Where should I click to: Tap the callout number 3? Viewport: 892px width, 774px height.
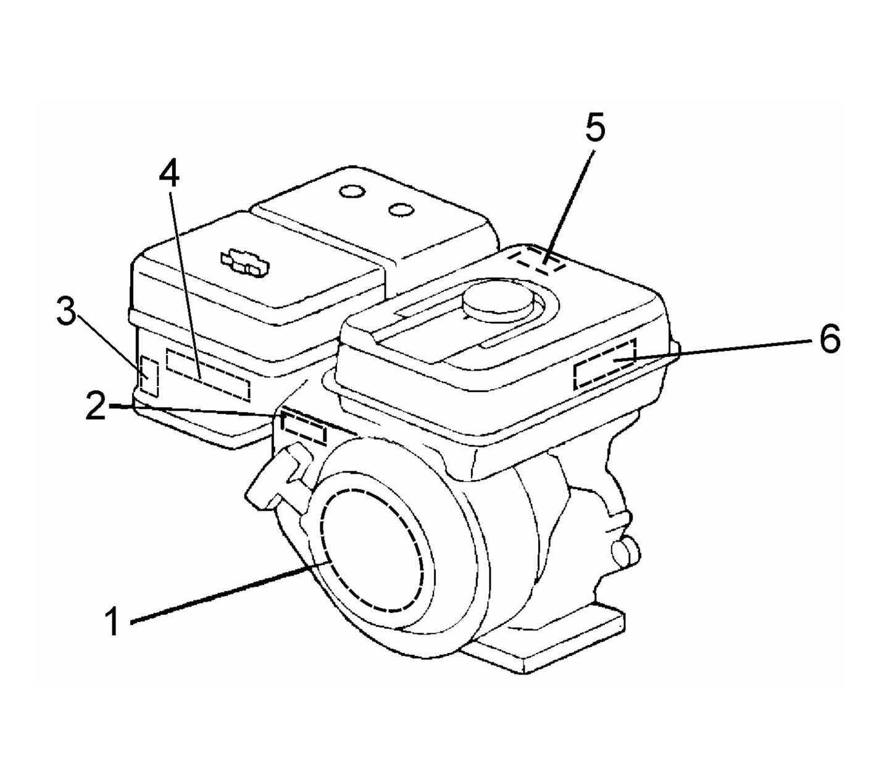(x=67, y=314)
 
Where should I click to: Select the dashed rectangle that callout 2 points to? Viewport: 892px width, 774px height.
(x=303, y=427)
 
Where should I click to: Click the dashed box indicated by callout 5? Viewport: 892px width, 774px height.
(x=536, y=260)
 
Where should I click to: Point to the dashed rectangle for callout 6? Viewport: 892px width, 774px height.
(x=604, y=364)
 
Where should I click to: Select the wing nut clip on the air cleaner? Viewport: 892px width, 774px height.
(x=244, y=263)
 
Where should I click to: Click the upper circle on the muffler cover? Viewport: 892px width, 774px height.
(x=352, y=191)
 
